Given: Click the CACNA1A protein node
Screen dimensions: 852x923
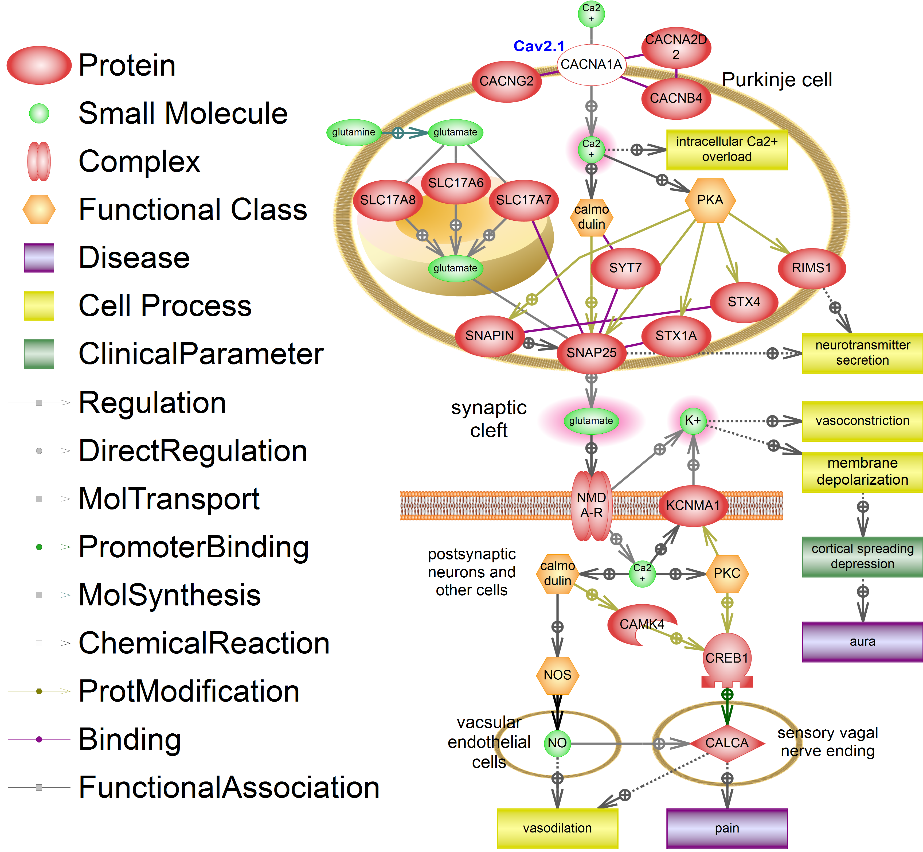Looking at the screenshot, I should [591, 65].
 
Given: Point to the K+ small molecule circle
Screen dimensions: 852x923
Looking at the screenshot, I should [693, 421].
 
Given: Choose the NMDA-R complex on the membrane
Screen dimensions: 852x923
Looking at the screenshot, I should [591, 505].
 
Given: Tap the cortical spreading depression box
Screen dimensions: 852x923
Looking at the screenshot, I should [862, 557].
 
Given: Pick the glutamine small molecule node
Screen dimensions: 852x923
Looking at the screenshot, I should [353, 132].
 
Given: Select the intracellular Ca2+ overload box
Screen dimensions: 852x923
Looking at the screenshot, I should [727, 149].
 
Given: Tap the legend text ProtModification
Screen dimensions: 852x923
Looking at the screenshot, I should [189, 691].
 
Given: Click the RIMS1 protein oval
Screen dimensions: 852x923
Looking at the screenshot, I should [811, 268].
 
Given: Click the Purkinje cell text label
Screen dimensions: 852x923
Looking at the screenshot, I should [777, 80].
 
